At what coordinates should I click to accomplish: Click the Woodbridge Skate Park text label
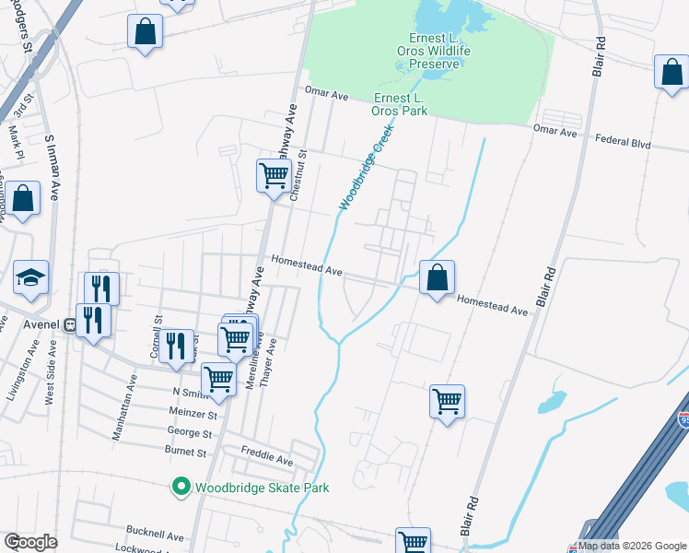[x=262, y=487]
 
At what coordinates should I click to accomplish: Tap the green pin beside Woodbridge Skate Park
[x=181, y=487]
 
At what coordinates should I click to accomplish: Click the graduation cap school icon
[x=30, y=277]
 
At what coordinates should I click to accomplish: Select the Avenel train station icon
[x=67, y=325]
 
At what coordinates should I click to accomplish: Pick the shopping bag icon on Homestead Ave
[x=437, y=276]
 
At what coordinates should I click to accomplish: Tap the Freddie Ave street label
[x=266, y=459]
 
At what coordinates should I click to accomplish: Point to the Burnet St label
[x=187, y=453]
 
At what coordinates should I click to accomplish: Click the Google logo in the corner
[x=30, y=542]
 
